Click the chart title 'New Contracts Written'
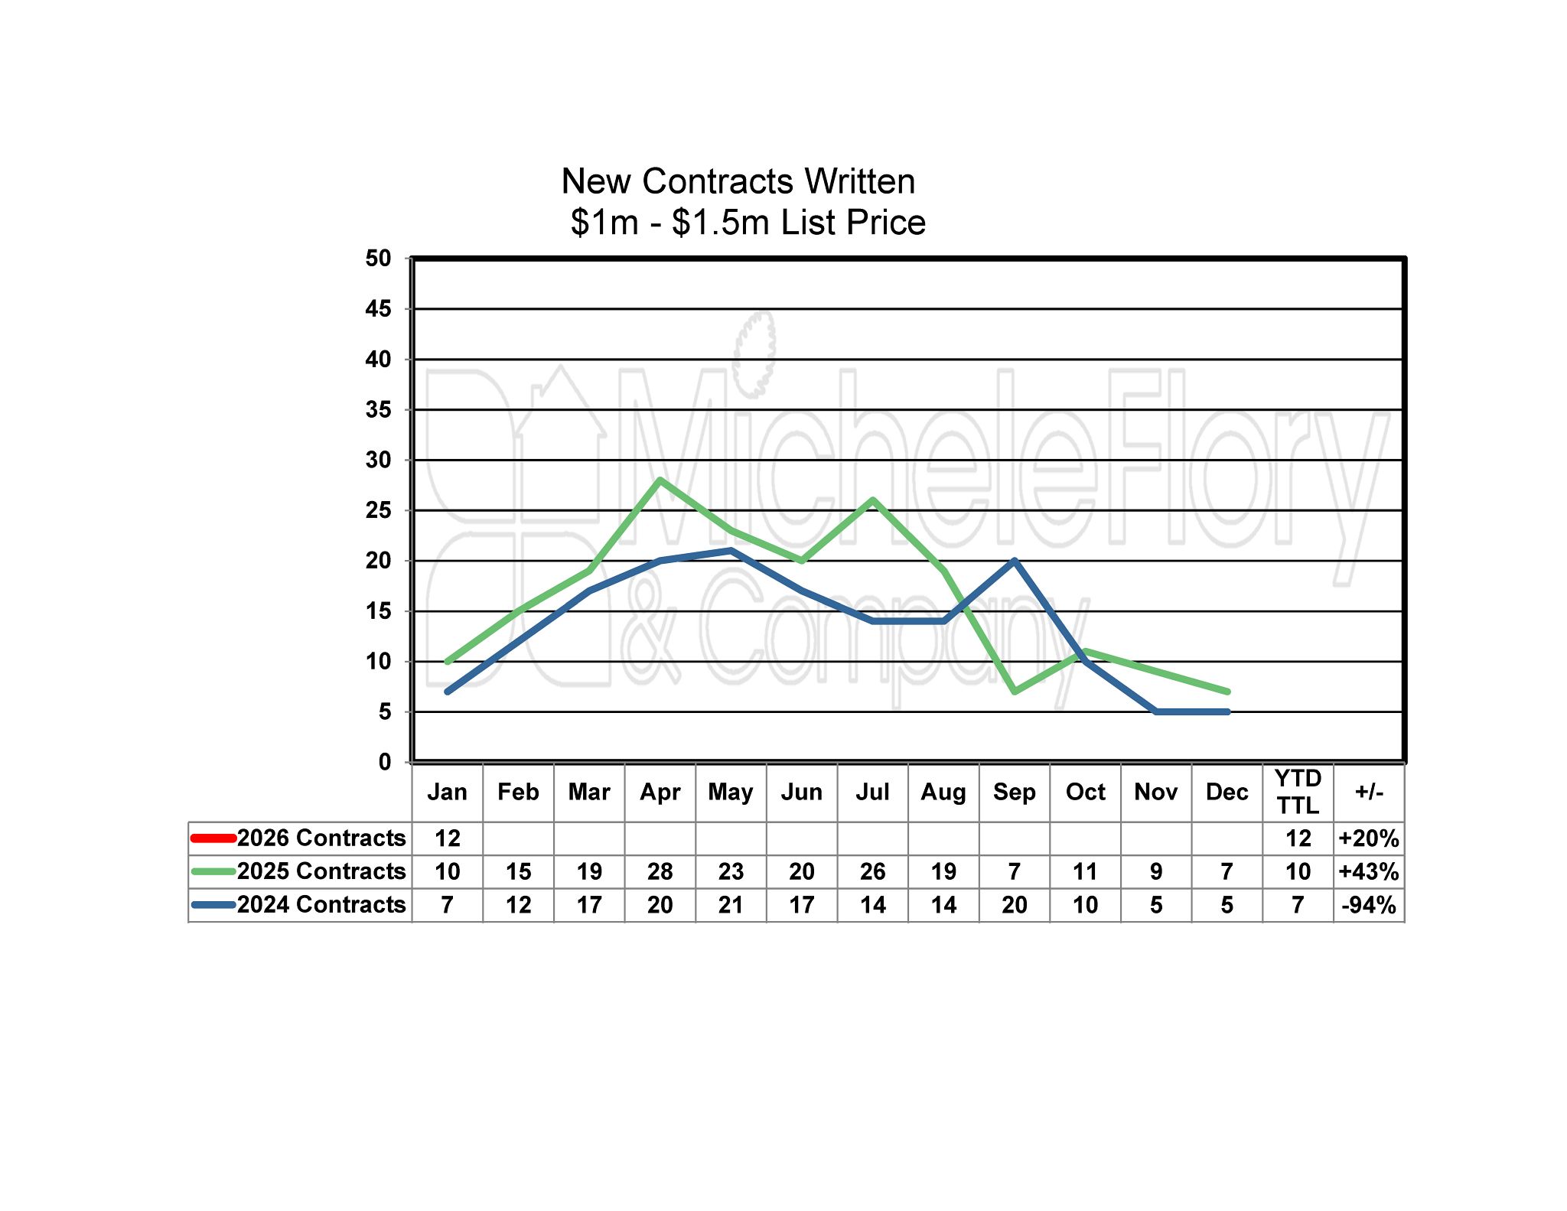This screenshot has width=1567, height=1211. [738, 182]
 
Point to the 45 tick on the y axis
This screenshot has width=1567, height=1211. [378, 309]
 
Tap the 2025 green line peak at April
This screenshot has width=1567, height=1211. [660, 480]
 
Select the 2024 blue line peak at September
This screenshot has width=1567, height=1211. [1015, 561]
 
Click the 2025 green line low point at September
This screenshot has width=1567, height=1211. [1015, 692]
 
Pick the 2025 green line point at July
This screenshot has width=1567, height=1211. [873, 500]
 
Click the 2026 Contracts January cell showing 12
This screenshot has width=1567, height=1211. [448, 838]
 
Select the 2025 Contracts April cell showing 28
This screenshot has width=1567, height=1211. [660, 871]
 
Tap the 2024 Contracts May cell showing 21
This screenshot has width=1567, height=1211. [731, 905]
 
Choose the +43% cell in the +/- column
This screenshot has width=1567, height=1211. [1369, 871]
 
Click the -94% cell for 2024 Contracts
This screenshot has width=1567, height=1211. [1369, 905]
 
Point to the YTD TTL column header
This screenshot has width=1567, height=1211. [1298, 792]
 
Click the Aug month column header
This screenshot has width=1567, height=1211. [943, 792]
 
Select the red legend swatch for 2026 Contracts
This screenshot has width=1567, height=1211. [213, 838]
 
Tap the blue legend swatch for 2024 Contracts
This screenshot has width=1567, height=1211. [213, 904]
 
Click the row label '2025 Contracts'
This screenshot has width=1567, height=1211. [321, 871]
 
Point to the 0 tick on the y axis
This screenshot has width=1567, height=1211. [384, 762]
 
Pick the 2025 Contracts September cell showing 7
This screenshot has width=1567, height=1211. [1015, 871]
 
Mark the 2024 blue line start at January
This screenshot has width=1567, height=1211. [448, 692]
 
